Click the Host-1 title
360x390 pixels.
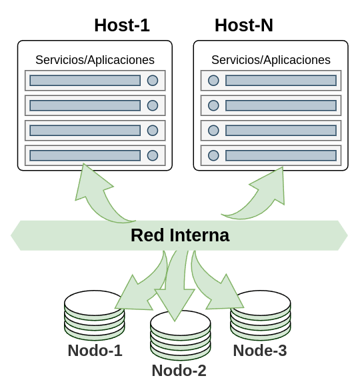(x=122, y=25)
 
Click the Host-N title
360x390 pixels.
(x=244, y=25)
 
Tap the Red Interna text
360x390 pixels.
(x=180, y=235)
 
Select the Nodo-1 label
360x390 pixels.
(x=95, y=351)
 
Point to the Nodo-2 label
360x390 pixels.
(x=179, y=371)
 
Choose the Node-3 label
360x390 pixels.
(x=260, y=351)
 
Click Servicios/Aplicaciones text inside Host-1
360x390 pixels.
(x=95, y=60)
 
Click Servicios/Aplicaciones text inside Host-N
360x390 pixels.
(x=271, y=60)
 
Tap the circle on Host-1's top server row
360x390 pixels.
(x=153, y=81)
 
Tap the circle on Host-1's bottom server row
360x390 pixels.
(x=153, y=155)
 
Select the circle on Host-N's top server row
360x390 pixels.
(x=213, y=81)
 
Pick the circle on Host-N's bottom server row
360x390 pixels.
(x=213, y=155)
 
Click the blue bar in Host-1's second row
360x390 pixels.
(x=85, y=105)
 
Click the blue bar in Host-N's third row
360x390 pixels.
(x=281, y=131)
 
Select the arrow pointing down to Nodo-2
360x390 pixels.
(x=175, y=286)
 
